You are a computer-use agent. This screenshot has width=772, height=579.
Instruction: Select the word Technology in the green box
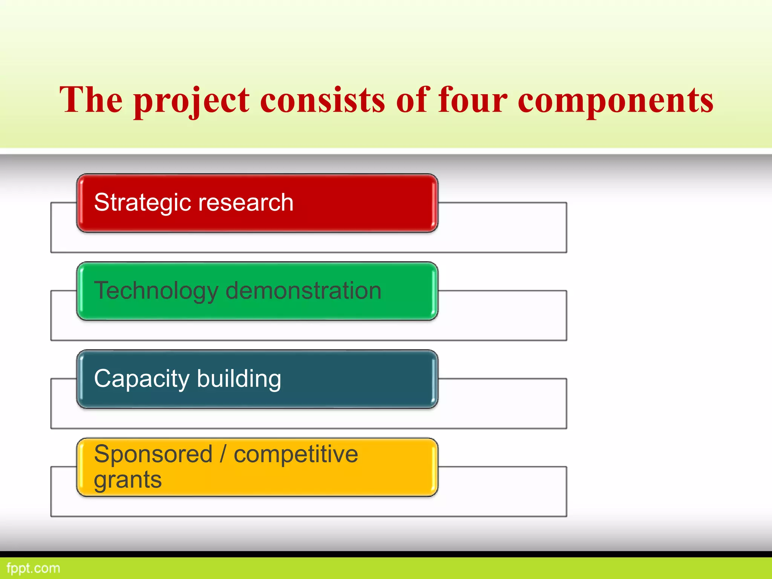tap(156, 291)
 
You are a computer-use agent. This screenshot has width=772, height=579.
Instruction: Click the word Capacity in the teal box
tap(141, 379)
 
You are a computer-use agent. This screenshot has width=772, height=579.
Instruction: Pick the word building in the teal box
tap(239, 379)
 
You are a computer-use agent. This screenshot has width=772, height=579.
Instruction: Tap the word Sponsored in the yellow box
tap(153, 454)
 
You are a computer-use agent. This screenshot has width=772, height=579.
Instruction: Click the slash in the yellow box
tap(223, 454)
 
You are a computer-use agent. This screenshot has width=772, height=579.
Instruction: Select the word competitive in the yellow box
tap(296, 454)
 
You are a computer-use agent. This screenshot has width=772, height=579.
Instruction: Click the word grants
tap(128, 480)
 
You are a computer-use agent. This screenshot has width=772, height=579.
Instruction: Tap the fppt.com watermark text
tap(33, 568)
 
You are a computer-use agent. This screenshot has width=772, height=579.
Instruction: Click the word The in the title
tap(91, 100)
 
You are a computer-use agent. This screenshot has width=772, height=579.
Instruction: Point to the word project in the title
tap(191, 100)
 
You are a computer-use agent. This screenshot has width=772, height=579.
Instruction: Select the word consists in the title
tap(323, 100)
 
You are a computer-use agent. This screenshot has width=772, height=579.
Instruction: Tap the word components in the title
tap(616, 100)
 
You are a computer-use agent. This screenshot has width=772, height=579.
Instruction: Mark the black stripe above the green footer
tap(386, 554)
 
